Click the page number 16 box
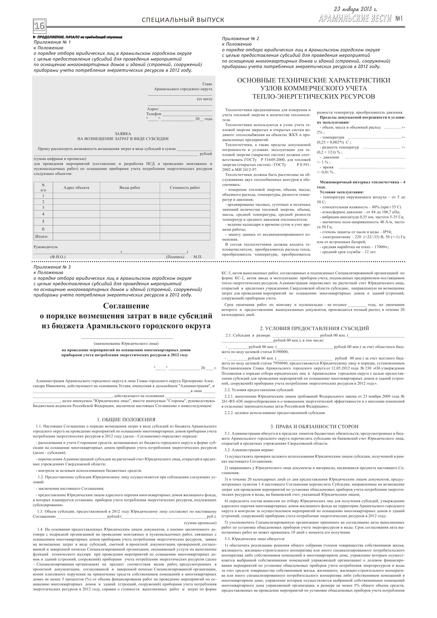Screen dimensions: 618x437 coord(39,26)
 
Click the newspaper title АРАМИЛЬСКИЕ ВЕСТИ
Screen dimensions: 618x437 coord(355,19)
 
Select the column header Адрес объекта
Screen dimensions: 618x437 coord(76,188)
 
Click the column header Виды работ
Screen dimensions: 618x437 coord(130,188)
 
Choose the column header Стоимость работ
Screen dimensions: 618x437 coord(185,188)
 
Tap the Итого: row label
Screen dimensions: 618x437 coord(42,237)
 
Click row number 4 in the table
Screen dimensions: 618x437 coord(43,214)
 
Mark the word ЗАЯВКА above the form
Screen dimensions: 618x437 coord(123,134)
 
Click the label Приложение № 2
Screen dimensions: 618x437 coord(240,39)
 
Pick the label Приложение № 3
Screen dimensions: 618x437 coord(52,267)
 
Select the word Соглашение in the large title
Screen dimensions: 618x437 coord(126,306)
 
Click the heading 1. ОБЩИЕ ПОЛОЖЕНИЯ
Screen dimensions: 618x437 coord(126,420)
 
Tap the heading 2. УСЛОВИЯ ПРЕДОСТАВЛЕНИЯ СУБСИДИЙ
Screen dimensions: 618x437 coord(314,328)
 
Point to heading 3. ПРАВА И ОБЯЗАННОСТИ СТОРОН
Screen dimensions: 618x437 coord(314,427)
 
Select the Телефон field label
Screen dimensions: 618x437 coord(154,114)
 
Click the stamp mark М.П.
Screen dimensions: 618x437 coord(198,257)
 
